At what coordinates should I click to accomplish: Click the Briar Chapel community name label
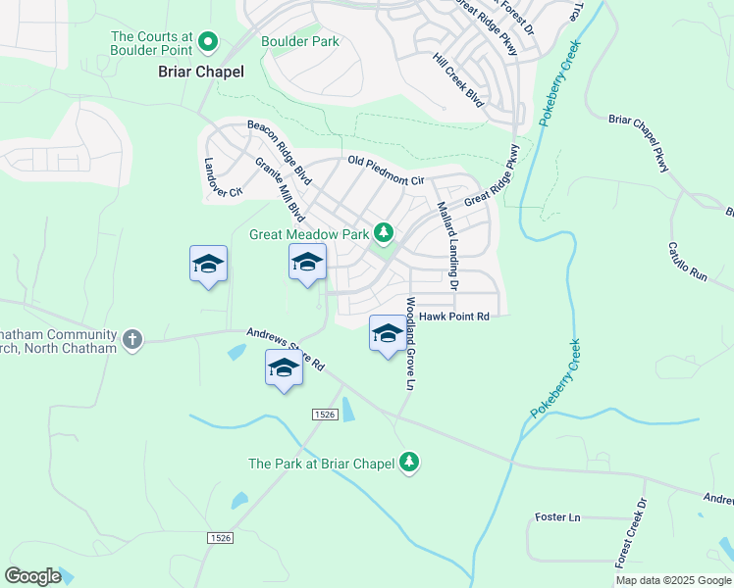201,72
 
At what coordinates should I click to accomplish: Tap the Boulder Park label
300,41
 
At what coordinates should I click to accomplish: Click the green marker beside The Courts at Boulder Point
208,41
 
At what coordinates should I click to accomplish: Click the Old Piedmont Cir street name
385,170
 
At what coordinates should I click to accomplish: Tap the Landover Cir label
223,179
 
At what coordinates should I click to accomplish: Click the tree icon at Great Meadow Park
385,233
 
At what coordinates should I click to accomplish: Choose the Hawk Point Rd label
453,317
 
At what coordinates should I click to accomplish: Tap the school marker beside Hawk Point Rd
387,333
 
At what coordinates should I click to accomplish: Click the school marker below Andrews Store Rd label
284,369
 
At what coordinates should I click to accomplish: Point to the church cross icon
132,340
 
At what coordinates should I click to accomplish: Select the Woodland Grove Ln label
409,343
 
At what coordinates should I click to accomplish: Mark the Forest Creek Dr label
632,534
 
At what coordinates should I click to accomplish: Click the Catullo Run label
687,262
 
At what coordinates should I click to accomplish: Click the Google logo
33,575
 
